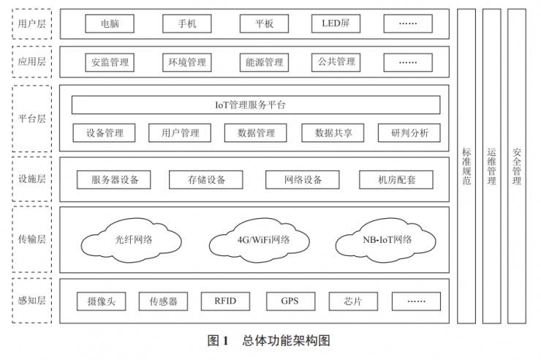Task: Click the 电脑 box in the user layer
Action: coord(110,24)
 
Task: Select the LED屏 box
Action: coord(336,24)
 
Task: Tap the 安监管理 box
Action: coord(110,62)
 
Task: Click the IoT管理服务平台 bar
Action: coord(255,105)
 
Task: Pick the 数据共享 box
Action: coord(333,133)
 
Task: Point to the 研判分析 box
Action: coord(409,133)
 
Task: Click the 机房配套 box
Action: coord(396,179)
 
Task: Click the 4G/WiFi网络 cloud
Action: coord(263,239)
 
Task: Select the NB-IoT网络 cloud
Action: coord(387,239)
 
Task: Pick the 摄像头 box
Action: coord(102,301)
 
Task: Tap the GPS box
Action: coord(289,301)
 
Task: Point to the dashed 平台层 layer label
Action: coord(32,119)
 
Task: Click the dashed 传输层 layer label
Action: coord(32,239)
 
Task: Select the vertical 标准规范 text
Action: coord(466,166)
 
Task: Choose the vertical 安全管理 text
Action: coord(517,166)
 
